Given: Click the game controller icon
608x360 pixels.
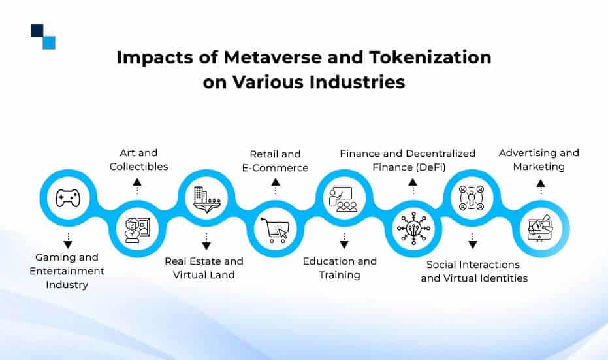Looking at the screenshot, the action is (x=68, y=198).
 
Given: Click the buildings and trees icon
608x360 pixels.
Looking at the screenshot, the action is (x=206, y=199).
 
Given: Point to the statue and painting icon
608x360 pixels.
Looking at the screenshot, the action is (x=137, y=231).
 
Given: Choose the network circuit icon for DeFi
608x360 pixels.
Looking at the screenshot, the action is (x=413, y=228).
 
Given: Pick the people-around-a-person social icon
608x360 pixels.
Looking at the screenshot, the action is (x=472, y=198).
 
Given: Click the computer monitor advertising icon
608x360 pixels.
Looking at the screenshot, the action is (x=539, y=229).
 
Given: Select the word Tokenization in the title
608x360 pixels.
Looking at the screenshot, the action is (x=430, y=57).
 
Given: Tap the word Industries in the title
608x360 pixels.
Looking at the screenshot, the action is (x=357, y=82).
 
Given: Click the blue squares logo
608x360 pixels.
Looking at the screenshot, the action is (x=43, y=37).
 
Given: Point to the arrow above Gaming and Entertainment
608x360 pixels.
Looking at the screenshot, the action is (x=68, y=240).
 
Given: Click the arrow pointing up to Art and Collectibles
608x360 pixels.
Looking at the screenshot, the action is (x=137, y=186).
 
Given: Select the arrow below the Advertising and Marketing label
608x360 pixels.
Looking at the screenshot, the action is (x=541, y=187).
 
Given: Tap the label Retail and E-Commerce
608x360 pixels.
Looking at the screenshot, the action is (x=276, y=161).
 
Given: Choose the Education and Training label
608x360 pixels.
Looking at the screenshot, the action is (x=340, y=268).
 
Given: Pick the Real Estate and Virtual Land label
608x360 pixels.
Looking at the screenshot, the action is (x=204, y=268).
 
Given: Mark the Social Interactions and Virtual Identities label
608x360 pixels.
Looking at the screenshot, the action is (x=474, y=271).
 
